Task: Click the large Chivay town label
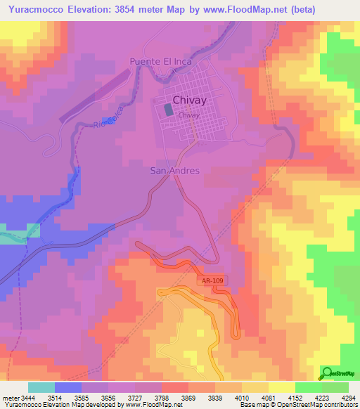(x=189, y=100)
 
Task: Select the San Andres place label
(x=175, y=171)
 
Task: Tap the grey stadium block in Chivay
(x=168, y=110)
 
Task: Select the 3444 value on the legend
(x=28, y=398)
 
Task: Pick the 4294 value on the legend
(x=348, y=398)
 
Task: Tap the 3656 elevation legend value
(x=108, y=398)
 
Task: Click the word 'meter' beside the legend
(x=11, y=398)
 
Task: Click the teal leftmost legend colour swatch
(x=41, y=387)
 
